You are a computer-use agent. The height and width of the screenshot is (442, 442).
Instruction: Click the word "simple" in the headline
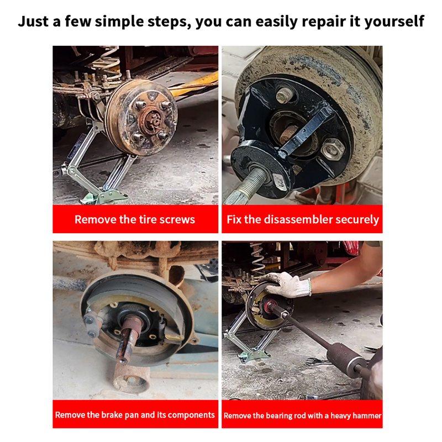tap(119, 22)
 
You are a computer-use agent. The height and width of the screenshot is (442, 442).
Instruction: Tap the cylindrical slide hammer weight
tap(344, 359)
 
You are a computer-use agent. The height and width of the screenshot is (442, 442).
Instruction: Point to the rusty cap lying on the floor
tap(131, 377)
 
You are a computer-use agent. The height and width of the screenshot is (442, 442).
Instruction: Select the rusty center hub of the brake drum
tap(153, 120)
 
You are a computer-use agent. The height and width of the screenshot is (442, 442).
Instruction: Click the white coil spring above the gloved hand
tap(257, 257)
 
